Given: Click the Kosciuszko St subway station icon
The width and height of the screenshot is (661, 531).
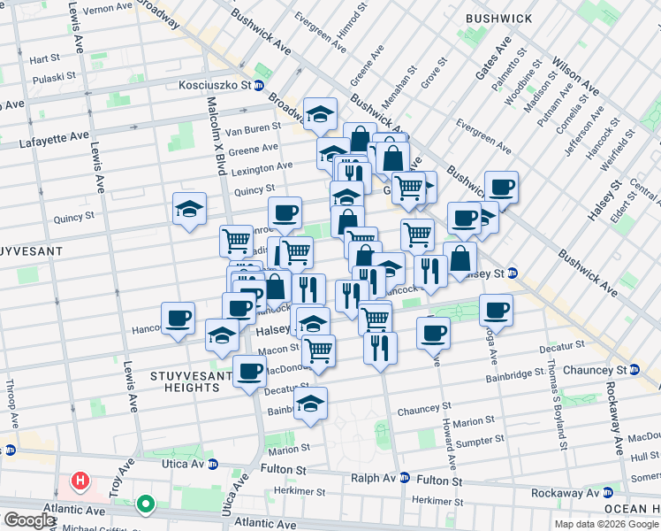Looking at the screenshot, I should point(258,86).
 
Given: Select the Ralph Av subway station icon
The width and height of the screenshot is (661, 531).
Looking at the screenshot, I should point(405,477).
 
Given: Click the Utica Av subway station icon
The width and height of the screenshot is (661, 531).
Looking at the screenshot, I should point(212,464).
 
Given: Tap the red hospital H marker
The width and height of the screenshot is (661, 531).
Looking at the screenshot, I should point(80,482).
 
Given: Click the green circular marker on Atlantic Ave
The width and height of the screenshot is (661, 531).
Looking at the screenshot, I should point(145,505).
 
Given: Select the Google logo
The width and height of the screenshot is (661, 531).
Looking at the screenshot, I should point(29,520).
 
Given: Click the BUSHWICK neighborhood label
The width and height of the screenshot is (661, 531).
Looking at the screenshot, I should point(499,19).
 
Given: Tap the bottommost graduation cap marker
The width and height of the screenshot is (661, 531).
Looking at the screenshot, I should point(310,404).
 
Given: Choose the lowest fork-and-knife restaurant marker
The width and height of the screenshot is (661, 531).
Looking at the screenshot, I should point(380,348).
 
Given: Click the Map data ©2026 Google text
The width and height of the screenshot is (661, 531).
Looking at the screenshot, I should point(606,523).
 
